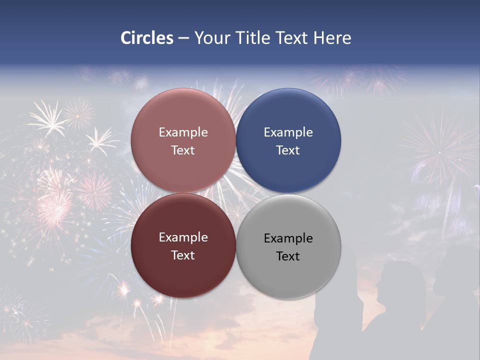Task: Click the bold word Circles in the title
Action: [146, 38]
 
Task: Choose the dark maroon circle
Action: [183, 272]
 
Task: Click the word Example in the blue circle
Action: [288, 132]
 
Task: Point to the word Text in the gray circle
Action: [288, 256]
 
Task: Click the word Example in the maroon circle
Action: [183, 237]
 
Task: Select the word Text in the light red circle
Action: [183, 150]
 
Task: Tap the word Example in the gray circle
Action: [288, 238]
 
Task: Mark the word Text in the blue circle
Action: [288, 150]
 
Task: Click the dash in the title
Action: [183, 38]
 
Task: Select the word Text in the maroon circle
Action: [183, 255]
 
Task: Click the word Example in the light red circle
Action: [183, 132]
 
